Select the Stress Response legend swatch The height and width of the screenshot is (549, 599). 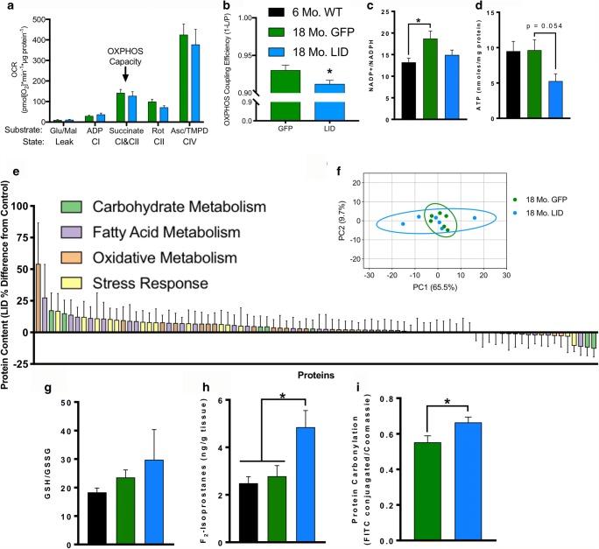tap(71, 284)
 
